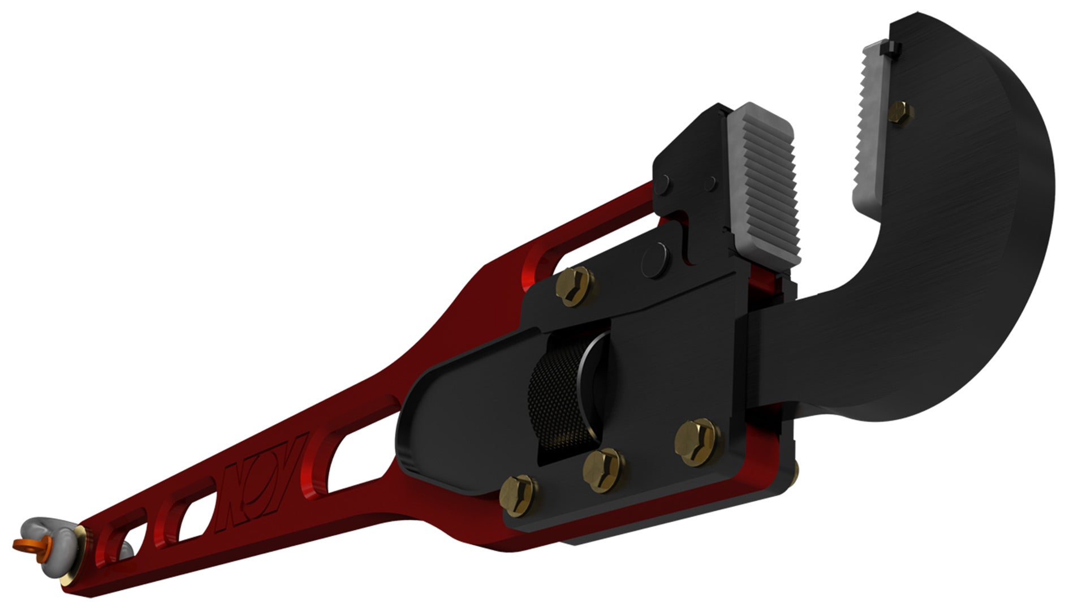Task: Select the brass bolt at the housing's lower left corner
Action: [518, 495]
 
